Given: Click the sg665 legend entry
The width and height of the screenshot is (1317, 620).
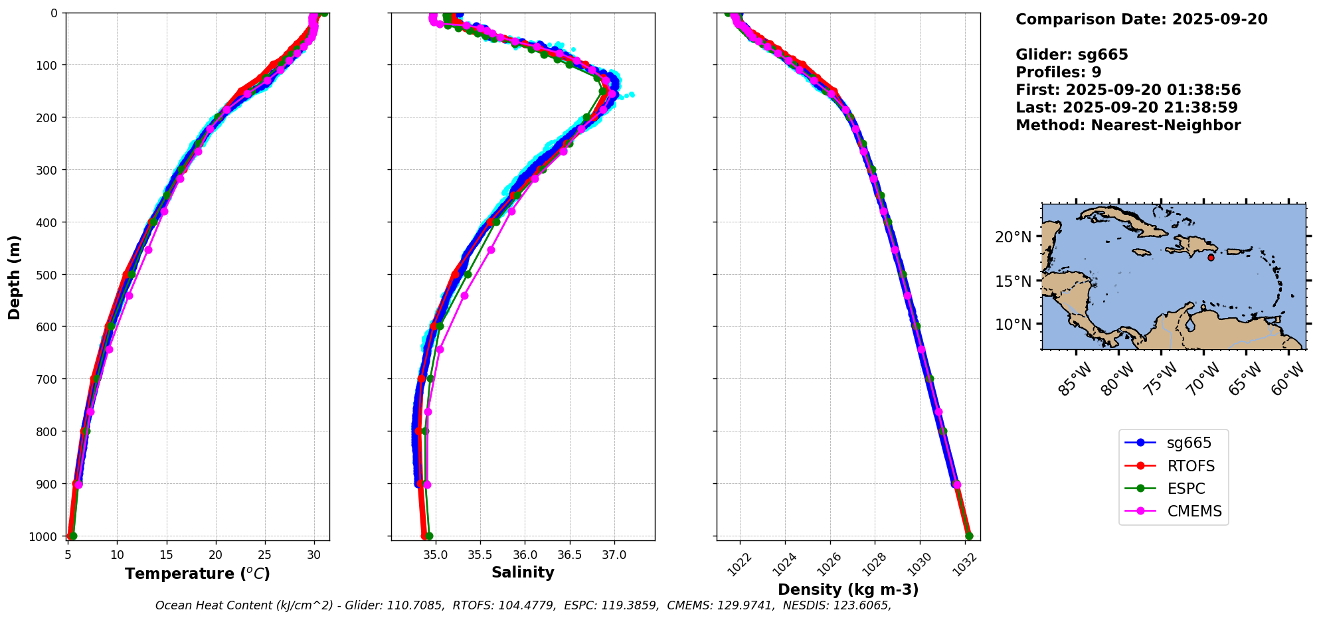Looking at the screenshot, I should [1188, 443].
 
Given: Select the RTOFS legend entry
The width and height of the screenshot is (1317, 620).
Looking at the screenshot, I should [1190, 466].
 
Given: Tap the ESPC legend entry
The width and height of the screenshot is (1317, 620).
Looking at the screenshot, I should [1185, 489].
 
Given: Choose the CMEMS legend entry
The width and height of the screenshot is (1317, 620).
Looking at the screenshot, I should [1193, 511].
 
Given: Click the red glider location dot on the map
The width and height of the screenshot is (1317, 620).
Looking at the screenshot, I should [1211, 258].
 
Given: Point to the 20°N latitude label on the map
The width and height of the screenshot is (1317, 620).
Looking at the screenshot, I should [1013, 237].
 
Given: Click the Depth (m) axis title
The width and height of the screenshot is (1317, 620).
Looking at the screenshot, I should [15, 277].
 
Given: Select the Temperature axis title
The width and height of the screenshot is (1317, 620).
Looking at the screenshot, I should [197, 574].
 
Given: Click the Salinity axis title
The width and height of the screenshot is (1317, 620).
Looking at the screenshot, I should [523, 572].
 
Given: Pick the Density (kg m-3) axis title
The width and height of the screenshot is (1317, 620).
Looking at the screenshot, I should [848, 589].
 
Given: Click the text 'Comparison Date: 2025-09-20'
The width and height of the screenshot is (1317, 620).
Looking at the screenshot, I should [1141, 19].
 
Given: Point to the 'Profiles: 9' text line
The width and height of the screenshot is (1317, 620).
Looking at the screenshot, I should [1058, 72].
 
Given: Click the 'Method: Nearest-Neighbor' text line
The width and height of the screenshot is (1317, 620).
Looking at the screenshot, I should [1128, 125].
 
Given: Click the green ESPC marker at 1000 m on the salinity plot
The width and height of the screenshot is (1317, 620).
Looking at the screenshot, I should [429, 536].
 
